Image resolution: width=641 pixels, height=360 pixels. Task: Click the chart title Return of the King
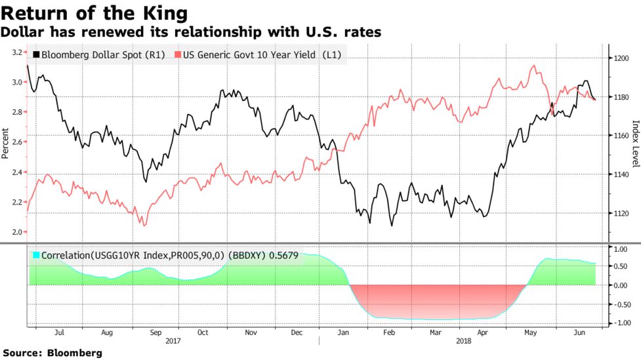(94, 12)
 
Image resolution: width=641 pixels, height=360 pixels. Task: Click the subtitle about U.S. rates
(191, 31)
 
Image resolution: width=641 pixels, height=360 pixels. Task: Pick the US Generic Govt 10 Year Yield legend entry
(258, 55)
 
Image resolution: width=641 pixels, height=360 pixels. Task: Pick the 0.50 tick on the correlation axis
(620, 267)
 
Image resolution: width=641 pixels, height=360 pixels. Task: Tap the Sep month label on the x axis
(155, 332)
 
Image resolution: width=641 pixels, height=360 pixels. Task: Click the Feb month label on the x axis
(388, 332)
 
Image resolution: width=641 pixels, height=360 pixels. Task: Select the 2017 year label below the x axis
(173, 342)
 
